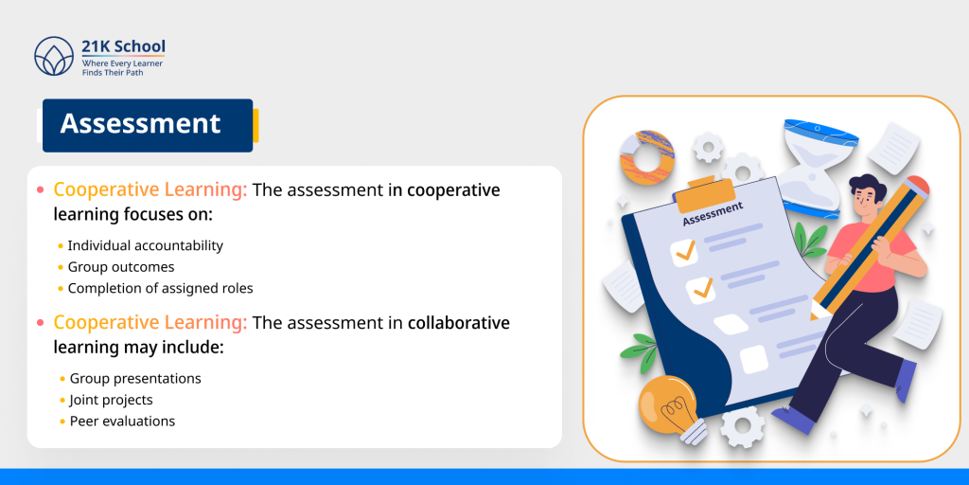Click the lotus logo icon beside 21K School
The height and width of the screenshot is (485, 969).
53,56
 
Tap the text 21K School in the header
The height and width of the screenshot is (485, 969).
123,46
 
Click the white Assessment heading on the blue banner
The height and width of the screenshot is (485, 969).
140,124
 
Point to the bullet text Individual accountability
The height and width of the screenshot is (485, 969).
146,245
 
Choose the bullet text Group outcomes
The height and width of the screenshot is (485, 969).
121,267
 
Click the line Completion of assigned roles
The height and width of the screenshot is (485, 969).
161,288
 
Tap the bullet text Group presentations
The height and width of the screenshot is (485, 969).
135,378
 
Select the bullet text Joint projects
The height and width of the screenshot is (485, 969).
111,400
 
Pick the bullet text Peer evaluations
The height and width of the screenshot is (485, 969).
122,422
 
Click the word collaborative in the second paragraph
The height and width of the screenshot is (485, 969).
459,323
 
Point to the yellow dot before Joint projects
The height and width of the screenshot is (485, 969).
62,401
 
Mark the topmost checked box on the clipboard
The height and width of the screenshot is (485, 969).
683,252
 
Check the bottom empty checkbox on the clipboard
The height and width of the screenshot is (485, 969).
753,359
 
